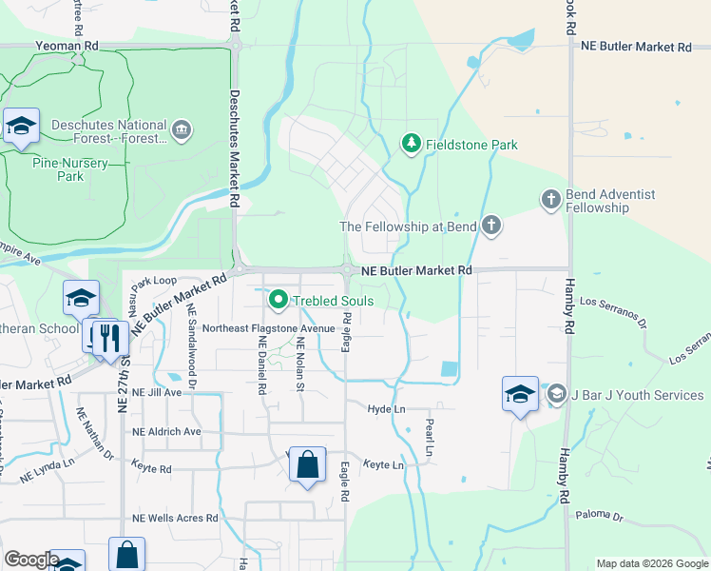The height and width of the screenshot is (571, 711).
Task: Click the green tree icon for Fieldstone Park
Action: click(411, 145)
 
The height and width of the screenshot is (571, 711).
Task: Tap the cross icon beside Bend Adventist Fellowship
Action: click(550, 200)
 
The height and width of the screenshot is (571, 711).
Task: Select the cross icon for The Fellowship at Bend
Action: click(490, 226)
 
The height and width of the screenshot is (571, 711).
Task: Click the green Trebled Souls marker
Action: click(279, 301)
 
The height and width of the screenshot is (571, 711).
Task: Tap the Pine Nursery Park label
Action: click(70, 169)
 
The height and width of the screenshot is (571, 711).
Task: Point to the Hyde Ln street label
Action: click(386, 407)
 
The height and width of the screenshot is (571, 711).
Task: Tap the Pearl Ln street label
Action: click(429, 436)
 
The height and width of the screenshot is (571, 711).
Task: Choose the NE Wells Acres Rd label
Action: click(175, 518)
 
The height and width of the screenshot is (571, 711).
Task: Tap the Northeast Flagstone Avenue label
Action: click(269, 328)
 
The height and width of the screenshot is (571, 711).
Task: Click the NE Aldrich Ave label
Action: click(166, 431)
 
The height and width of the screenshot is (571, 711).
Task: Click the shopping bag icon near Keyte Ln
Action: click(307, 465)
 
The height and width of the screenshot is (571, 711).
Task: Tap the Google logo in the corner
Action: click(30, 560)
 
